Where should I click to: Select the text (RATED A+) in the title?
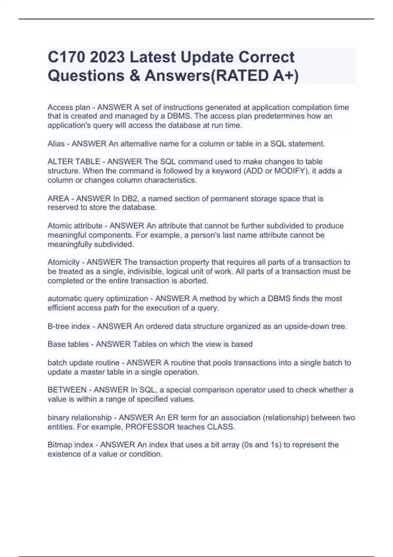tap(254, 76)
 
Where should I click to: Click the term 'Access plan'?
tap(69, 107)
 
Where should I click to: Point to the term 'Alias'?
tap(56, 144)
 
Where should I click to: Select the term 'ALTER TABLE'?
tap(74, 162)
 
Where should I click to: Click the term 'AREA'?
tap(58, 199)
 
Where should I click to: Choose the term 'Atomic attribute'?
tap(75, 226)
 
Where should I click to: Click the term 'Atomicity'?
tap(64, 262)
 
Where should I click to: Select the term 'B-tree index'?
tap(69, 326)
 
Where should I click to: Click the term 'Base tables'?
tap(68, 344)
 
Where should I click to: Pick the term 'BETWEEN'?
tap(67, 390)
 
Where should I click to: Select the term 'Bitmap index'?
tap(70, 445)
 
